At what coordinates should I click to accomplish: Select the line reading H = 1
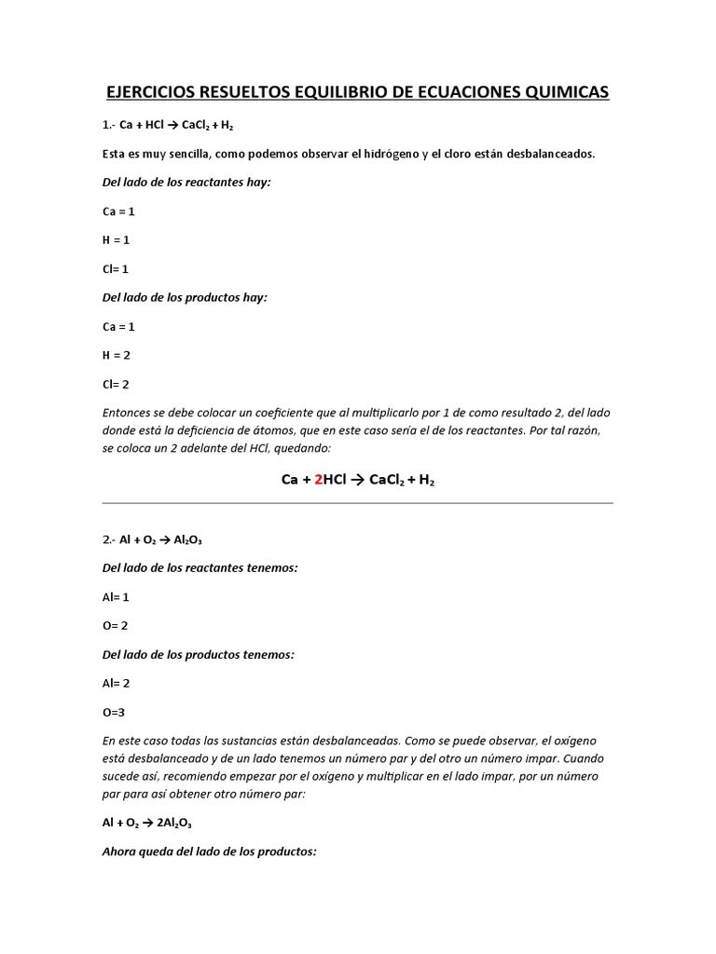tap(117, 240)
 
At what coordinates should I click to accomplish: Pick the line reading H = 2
tap(117, 355)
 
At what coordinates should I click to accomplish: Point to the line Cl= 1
tap(116, 269)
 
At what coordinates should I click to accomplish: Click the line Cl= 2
tap(116, 384)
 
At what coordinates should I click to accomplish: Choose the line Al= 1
tap(116, 597)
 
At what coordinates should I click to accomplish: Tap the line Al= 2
tap(116, 683)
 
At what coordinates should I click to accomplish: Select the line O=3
tap(114, 712)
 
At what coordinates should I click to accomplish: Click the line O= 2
tap(116, 626)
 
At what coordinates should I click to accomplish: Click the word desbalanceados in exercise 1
tap(550, 154)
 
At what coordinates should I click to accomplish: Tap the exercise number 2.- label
tap(109, 539)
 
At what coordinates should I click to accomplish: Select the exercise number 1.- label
tap(109, 125)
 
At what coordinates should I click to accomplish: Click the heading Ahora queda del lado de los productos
tap(210, 852)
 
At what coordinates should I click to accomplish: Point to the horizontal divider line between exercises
tap(358, 504)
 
